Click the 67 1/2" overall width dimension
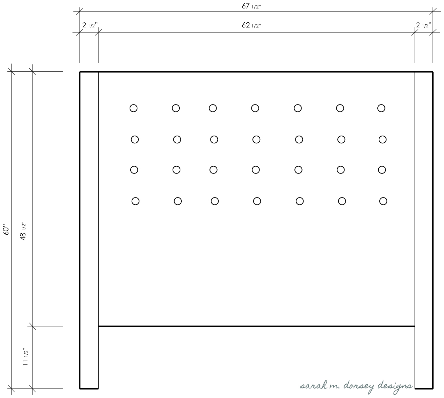point(251,6)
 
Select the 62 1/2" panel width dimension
point(251,25)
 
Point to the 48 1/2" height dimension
point(23,231)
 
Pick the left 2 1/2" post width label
point(90,25)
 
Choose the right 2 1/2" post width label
point(424,25)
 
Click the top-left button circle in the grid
point(133,108)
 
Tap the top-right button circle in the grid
point(381,108)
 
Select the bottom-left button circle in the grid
point(135,201)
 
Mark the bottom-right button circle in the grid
point(383,201)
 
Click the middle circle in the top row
point(255,108)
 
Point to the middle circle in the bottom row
point(257,201)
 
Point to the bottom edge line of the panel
point(257,326)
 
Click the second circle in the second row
point(177,140)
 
